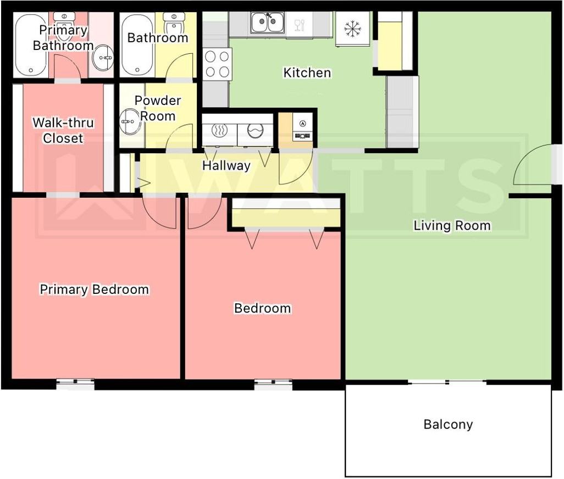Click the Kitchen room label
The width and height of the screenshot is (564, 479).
click(x=307, y=73)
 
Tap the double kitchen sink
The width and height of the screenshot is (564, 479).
click(x=268, y=23)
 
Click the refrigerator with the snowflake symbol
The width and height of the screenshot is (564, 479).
click(x=352, y=29)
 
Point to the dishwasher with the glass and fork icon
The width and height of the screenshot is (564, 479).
click(x=299, y=24)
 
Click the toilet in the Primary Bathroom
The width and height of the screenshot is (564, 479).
click(x=64, y=24)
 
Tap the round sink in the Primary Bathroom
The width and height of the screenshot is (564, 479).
click(x=103, y=58)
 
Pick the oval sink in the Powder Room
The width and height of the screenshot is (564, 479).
click(x=130, y=122)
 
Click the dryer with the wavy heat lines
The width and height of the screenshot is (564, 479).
click(x=219, y=131)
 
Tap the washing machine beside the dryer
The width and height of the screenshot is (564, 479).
click(x=255, y=131)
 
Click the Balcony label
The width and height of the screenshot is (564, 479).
click(x=448, y=425)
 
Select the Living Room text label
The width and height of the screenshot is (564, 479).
click(x=452, y=226)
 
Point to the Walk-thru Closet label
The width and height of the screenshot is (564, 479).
click(x=63, y=130)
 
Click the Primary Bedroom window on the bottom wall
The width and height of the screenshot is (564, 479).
click(x=75, y=384)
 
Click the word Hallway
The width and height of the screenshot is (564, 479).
click(x=226, y=166)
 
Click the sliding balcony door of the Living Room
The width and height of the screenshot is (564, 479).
click(x=447, y=382)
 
